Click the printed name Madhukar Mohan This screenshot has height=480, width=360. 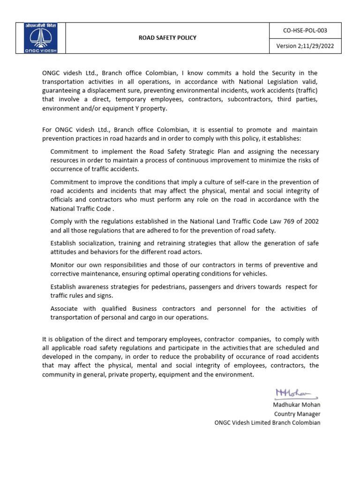[297, 405]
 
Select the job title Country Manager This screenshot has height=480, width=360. [297, 413]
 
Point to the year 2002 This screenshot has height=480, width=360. [309, 221]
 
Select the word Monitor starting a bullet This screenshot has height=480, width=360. [64, 265]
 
